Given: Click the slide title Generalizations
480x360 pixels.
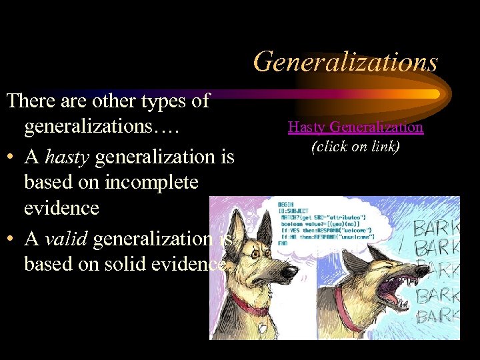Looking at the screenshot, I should (x=345, y=62).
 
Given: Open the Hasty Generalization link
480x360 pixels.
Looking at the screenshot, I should (x=355, y=127).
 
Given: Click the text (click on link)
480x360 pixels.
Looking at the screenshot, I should (x=355, y=146).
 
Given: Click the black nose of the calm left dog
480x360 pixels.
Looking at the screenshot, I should (x=291, y=271).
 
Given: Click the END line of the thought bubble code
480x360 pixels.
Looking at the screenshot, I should (x=283, y=243).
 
